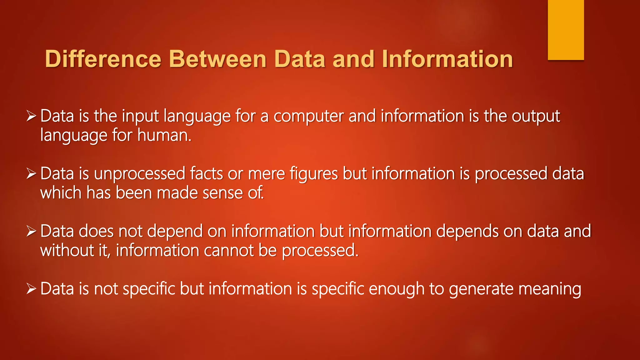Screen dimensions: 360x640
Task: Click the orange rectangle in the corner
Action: [566, 30]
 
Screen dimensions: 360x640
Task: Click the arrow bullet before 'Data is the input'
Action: [32, 116]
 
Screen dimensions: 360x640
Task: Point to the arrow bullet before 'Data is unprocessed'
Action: [32, 174]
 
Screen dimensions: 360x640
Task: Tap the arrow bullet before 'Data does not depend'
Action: [32, 231]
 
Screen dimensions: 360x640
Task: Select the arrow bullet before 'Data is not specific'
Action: [32, 289]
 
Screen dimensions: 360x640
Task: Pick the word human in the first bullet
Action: [164, 136]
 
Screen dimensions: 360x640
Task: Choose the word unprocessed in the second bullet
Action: [140, 174]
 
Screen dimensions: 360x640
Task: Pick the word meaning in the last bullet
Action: [550, 289]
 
